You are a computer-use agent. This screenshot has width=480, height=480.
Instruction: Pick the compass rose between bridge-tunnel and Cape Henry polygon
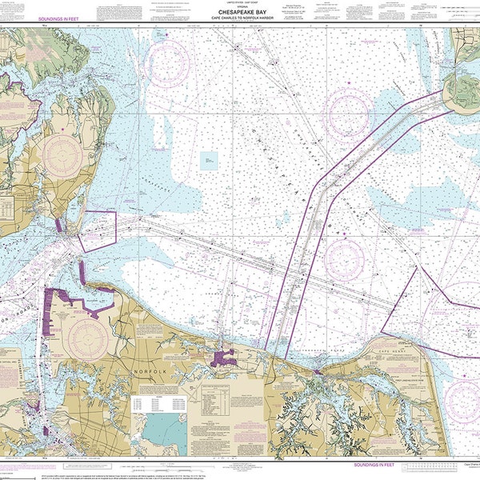pos(346,258)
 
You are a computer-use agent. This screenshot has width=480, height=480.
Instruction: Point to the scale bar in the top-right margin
pos(445,18)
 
